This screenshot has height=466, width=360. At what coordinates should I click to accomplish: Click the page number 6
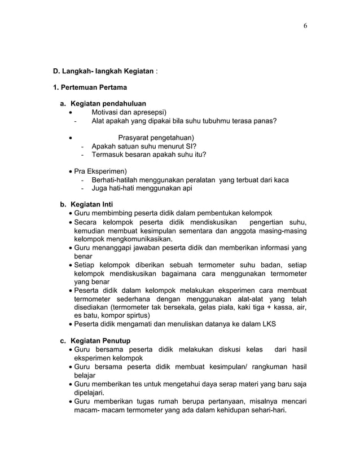click(x=305, y=26)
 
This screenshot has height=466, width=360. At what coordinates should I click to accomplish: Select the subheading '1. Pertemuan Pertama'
click(x=90, y=87)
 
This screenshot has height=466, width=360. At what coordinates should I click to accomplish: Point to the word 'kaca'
click(x=281, y=180)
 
